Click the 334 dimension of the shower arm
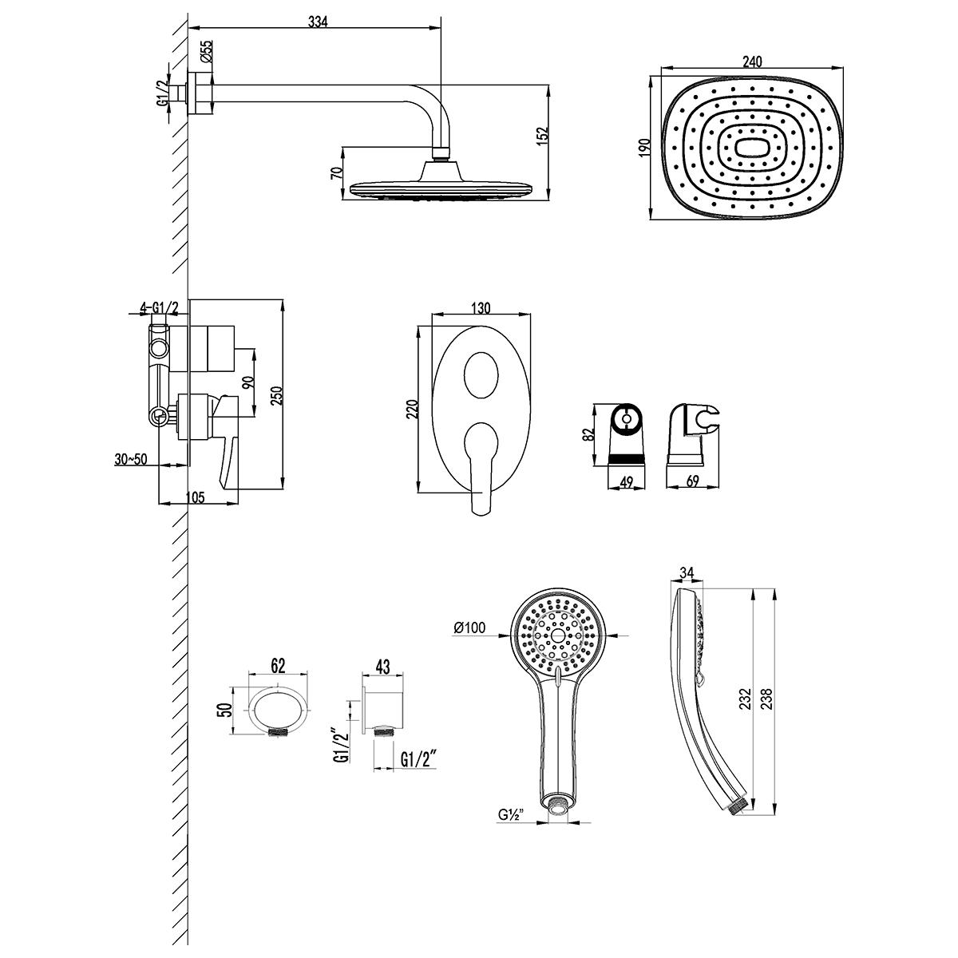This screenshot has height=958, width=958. pyautogui.click(x=318, y=22)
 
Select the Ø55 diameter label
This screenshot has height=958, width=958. pyautogui.click(x=205, y=54)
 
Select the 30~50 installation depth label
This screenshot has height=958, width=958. pyautogui.click(x=131, y=459)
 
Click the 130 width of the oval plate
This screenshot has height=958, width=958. pyautogui.click(x=481, y=308)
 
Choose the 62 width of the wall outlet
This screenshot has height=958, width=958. pyautogui.click(x=278, y=664)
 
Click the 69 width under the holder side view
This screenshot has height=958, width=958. pyautogui.click(x=693, y=481)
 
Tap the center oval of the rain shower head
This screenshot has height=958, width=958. pyautogui.click(x=753, y=148)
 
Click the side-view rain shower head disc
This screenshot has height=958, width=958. pyautogui.click(x=440, y=188)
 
